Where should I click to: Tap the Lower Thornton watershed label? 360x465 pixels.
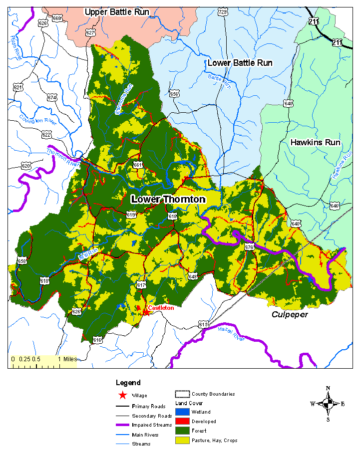(x=168, y=199)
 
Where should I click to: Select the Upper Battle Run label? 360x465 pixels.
(x=117, y=11)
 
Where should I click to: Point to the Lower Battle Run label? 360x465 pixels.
(x=240, y=63)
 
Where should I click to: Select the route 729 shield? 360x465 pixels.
(x=223, y=11)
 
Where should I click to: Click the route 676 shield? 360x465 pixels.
(x=250, y=247)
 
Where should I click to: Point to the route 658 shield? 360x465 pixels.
(x=22, y=261)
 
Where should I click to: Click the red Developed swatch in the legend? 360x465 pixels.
(x=183, y=422)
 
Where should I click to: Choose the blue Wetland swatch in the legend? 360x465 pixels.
(x=183, y=412)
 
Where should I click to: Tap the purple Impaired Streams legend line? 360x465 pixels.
(x=122, y=425)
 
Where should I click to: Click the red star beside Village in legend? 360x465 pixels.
(x=122, y=396)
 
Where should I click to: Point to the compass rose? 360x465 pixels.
(x=328, y=403)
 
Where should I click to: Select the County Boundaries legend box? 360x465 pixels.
(x=183, y=394)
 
